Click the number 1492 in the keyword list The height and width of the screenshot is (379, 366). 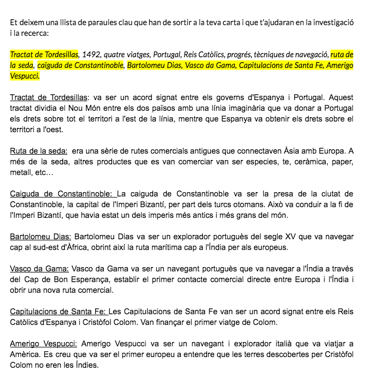pyautogui.click(x=90, y=55)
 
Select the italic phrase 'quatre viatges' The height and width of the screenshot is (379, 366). pyautogui.click(x=127, y=55)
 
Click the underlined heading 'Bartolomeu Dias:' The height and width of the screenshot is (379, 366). pyautogui.click(x=41, y=236)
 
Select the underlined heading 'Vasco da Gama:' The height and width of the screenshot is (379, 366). pyautogui.click(x=39, y=268)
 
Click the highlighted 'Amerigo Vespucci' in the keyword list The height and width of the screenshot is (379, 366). pyautogui.click(x=329, y=65)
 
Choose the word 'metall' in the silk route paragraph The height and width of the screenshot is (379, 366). pyautogui.click(x=20, y=173)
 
